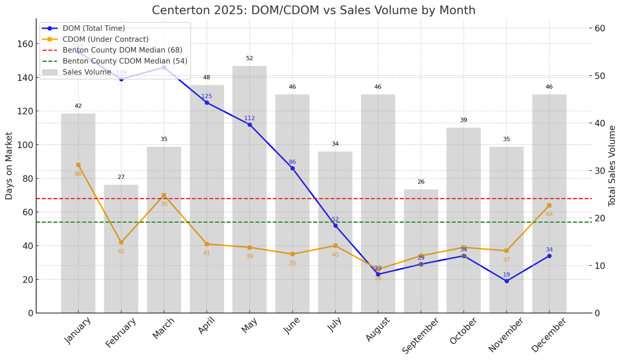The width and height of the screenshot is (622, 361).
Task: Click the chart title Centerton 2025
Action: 313,10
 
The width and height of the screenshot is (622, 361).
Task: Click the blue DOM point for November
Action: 507,281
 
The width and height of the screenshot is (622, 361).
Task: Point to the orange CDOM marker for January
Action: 78,165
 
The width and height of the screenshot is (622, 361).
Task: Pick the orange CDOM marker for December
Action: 549,205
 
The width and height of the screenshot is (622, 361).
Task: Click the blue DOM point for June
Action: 292,168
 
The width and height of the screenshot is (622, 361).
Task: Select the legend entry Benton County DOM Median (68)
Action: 122,50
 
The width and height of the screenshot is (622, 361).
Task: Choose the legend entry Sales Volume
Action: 87,72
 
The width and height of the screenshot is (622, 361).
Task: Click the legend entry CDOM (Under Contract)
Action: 105,39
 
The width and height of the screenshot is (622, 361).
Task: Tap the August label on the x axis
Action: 378,329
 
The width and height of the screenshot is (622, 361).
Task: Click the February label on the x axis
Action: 121,332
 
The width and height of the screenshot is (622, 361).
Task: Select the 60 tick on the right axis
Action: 600,28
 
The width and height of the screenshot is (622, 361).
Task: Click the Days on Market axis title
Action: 9,166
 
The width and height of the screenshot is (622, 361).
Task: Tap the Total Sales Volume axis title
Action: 612,166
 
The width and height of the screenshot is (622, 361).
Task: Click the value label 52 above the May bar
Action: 249,59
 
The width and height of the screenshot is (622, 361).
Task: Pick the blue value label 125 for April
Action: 207,96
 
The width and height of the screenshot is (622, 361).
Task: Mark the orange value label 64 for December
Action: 549,214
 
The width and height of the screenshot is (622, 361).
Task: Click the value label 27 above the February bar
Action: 121,177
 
